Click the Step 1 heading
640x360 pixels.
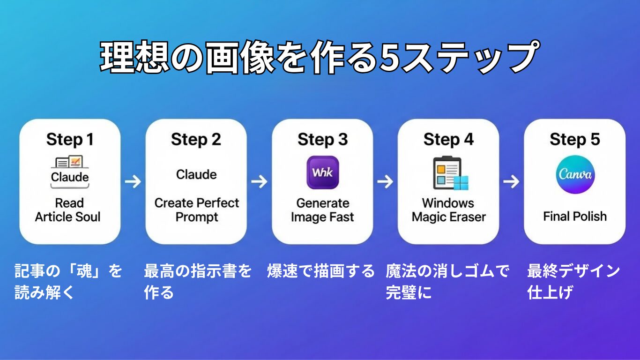pyautogui.click(x=70, y=140)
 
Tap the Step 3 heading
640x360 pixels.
pyautogui.click(x=322, y=140)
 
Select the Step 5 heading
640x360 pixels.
pyautogui.click(x=574, y=140)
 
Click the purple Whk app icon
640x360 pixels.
pyautogui.click(x=322, y=172)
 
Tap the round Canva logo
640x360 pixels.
pyautogui.click(x=575, y=174)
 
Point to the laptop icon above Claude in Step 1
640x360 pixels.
pyautogui.click(x=69, y=162)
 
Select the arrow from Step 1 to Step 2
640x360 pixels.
pyautogui.click(x=133, y=181)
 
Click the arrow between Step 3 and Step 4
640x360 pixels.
pyautogui.click(x=385, y=181)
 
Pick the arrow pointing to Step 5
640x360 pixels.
pyautogui.click(x=511, y=181)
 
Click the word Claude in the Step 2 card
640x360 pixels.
pyautogui.click(x=196, y=174)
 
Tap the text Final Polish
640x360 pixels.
pyautogui.click(x=574, y=217)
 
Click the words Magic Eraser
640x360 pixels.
pyautogui.click(x=448, y=217)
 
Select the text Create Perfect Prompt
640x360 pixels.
pyautogui.click(x=196, y=210)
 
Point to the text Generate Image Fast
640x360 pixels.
pyautogui.click(x=322, y=210)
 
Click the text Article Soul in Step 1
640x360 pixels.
pyautogui.click(x=68, y=217)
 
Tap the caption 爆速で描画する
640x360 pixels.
pyautogui.click(x=321, y=271)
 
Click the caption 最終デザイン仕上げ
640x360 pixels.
pyautogui.click(x=573, y=281)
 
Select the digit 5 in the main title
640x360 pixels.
pyautogui.click(x=388, y=57)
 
